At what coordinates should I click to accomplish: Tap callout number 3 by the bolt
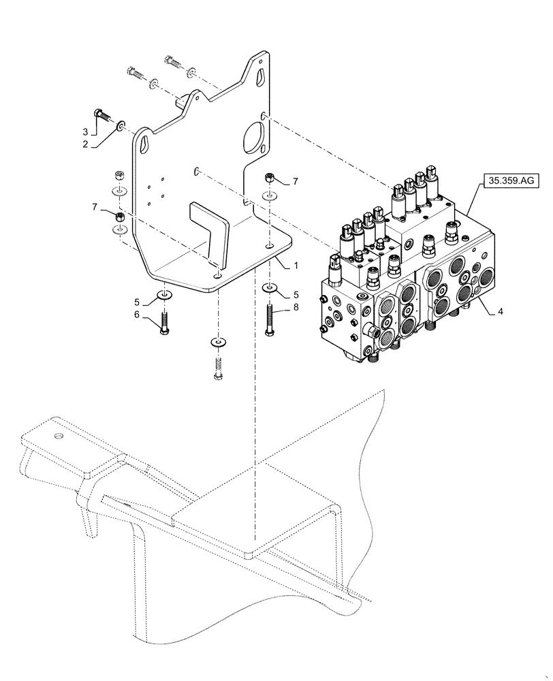[501, 312]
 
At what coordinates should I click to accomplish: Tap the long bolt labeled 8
[270, 319]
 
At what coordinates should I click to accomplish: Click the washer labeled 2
[121, 125]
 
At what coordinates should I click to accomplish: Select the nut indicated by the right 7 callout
[270, 178]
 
